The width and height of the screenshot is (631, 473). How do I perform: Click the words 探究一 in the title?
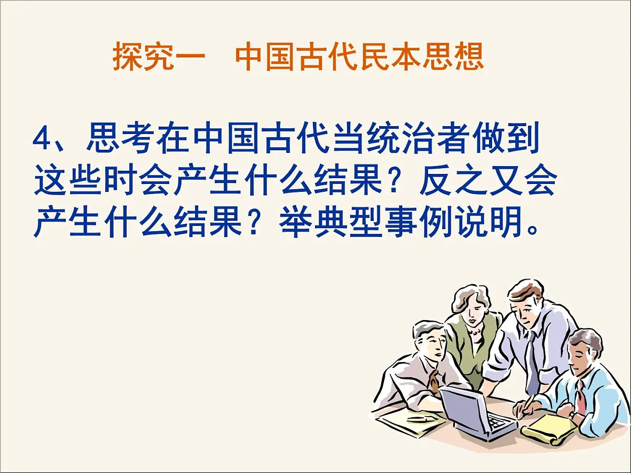[158, 57]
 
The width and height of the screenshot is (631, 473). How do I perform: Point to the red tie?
[581, 398]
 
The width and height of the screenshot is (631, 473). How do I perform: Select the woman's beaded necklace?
[476, 332]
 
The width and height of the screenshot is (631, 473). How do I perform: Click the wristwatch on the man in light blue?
[572, 415]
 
